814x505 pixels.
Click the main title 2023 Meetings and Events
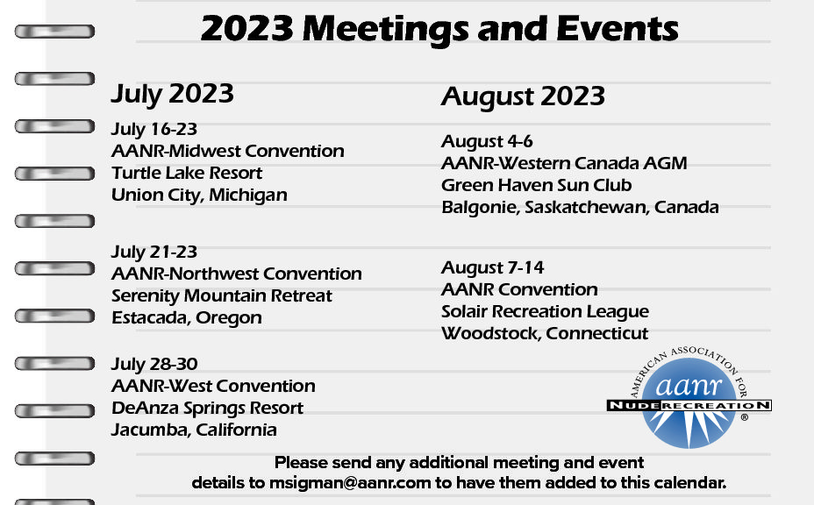[x=439, y=29]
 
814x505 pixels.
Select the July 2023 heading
[x=172, y=95]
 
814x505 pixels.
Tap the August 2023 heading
[x=523, y=97]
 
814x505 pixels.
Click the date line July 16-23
[x=154, y=129]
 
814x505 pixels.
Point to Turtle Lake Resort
[x=187, y=173]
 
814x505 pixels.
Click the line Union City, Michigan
[x=199, y=196]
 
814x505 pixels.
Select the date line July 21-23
[x=154, y=252]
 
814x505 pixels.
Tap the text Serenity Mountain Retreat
[x=222, y=295]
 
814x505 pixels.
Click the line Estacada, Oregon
[x=186, y=318]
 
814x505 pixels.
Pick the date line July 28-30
[x=154, y=365]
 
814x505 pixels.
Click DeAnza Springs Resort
[x=207, y=409]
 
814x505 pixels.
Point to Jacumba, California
[x=194, y=430]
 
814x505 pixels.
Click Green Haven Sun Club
[x=536, y=185]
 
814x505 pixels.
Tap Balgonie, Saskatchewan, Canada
[x=580, y=208]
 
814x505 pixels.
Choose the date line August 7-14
[x=493, y=267]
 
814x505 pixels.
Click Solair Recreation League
[x=545, y=312]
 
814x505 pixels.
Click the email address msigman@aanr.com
[x=350, y=483]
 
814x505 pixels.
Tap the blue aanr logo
[x=689, y=397]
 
